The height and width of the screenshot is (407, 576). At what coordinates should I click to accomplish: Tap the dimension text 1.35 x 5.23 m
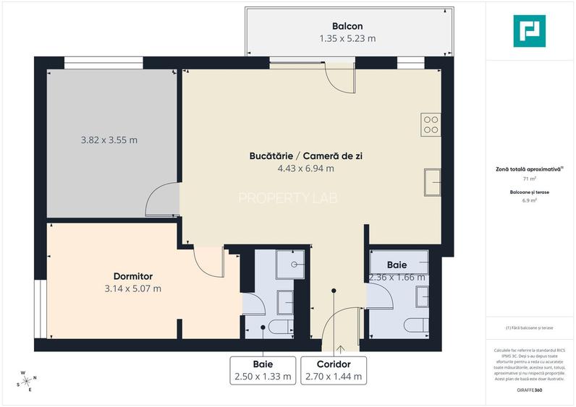click(x=347, y=38)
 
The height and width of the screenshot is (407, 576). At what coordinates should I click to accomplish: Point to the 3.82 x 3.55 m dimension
click(x=109, y=140)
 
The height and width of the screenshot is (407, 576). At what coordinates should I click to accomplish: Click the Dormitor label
click(x=132, y=276)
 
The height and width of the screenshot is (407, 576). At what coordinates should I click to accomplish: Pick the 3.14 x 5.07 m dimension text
click(x=132, y=288)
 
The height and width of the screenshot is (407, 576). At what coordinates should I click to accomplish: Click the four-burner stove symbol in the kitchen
click(x=431, y=124)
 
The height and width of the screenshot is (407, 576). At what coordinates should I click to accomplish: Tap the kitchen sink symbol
click(x=433, y=181)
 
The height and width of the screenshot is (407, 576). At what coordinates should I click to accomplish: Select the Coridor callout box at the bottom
click(x=334, y=370)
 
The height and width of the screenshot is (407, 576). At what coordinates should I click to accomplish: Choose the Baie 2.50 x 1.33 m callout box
click(x=263, y=370)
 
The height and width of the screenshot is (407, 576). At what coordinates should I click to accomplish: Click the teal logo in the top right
click(x=529, y=31)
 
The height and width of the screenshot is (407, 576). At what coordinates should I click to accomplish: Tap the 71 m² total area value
click(x=529, y=178)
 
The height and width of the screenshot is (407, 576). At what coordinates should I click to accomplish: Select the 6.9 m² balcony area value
click(x=529, y=201)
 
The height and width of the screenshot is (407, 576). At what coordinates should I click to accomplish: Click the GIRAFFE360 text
click(x=529, y=390)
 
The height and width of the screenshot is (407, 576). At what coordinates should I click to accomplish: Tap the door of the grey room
click(x=161, y=201)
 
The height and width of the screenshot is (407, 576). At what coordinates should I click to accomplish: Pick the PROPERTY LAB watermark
click(x=287, y=197)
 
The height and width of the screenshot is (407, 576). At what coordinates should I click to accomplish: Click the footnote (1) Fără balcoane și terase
click(x=529, y=327)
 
